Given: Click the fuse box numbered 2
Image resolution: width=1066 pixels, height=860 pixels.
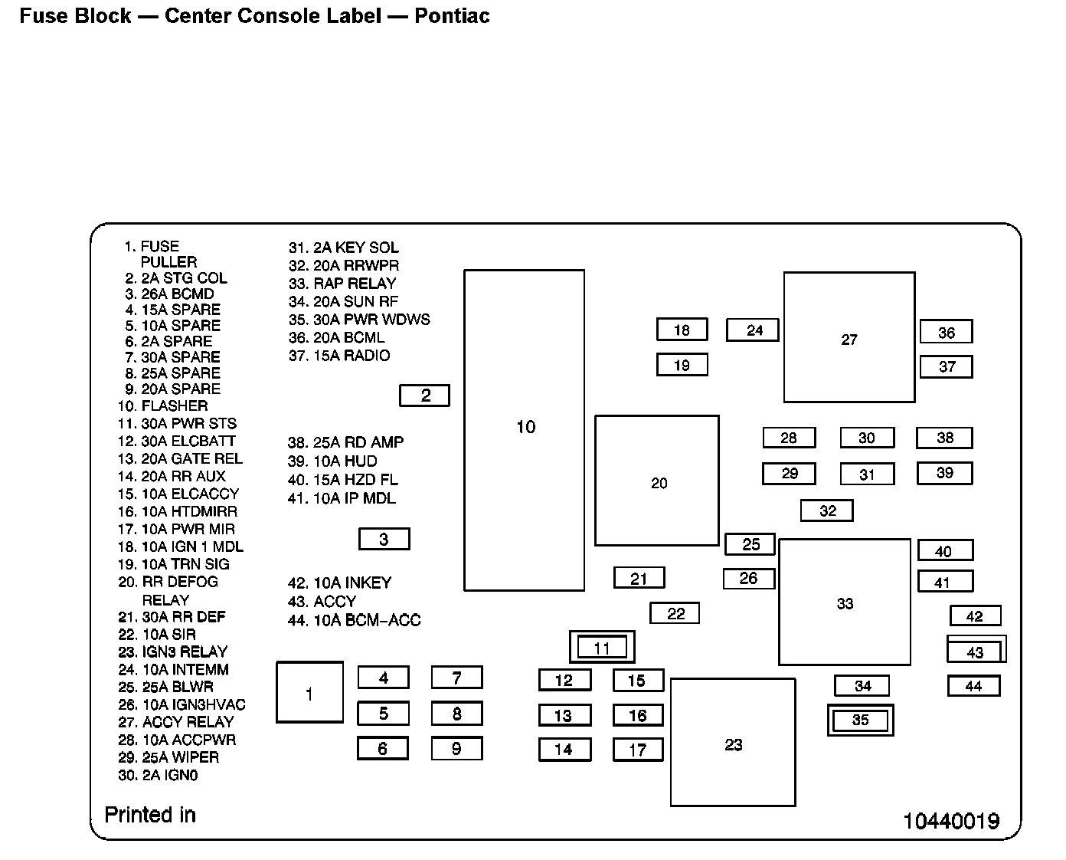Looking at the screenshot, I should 424,396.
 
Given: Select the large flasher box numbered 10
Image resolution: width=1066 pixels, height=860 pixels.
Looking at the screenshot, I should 525,430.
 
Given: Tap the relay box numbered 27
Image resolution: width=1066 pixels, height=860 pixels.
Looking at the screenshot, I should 849,337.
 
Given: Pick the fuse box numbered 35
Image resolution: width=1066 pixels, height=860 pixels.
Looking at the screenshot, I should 860,720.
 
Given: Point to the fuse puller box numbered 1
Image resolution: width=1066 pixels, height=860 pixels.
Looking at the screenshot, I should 309,693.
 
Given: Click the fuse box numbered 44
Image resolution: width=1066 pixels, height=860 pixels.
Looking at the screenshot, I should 973,686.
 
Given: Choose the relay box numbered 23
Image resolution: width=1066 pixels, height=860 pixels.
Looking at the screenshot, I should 733,743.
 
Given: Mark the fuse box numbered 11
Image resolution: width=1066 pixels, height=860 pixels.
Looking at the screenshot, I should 602,648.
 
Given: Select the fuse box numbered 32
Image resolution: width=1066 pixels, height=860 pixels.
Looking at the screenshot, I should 827,510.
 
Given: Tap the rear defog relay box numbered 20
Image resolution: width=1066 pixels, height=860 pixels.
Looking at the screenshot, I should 657,481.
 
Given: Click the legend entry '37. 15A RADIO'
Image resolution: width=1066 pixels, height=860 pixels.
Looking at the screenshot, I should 339,356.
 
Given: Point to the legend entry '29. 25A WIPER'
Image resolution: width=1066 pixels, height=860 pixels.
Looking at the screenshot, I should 168,757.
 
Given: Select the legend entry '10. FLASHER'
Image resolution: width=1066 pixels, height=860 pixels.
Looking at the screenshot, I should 162,405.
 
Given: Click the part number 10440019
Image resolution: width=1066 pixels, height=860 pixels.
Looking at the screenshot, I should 951,822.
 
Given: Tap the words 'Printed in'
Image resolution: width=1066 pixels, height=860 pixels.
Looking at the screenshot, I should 150,815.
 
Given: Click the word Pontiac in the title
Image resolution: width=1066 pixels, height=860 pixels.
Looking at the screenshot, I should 452,16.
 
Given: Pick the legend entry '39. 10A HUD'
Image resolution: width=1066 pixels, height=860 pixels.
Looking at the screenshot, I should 332,461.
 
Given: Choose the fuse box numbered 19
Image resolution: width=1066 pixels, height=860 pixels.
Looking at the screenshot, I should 682,365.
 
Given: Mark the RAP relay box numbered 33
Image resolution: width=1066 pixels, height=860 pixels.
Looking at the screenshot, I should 845,602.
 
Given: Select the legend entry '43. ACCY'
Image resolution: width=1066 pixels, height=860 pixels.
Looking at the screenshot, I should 322,602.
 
